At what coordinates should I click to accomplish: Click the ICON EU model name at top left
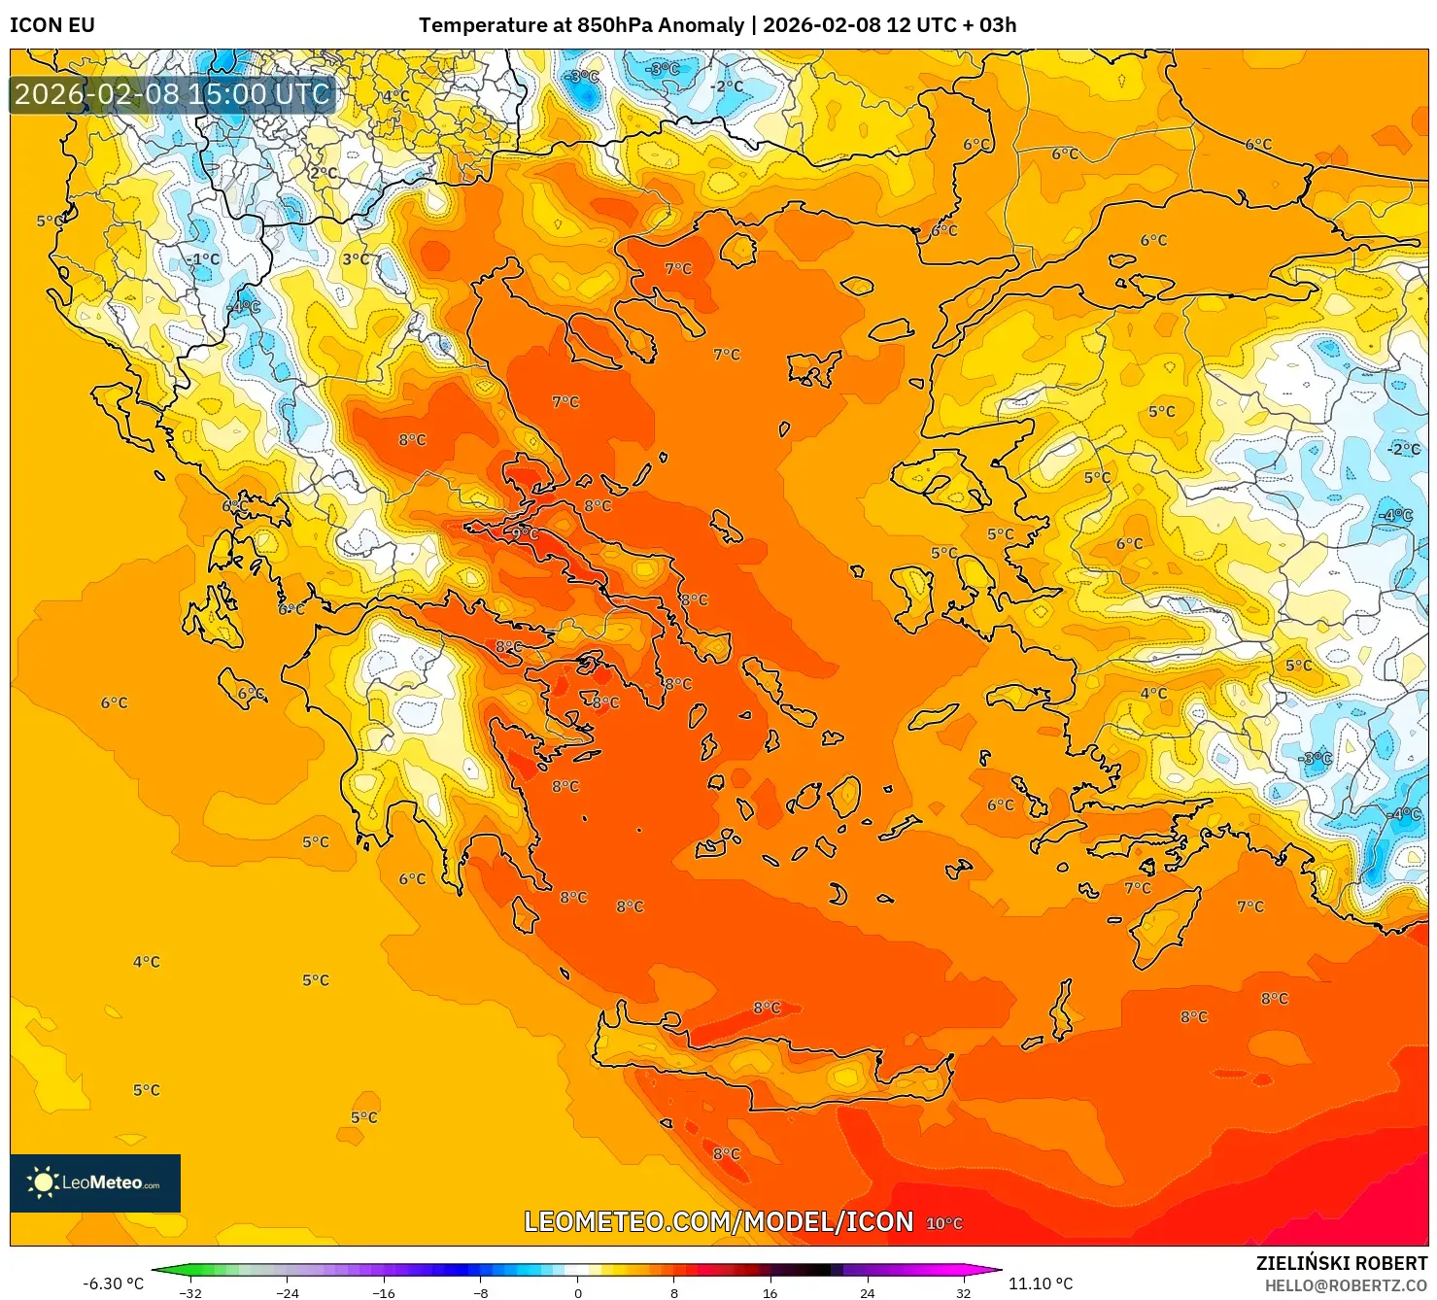[x=52, y=25]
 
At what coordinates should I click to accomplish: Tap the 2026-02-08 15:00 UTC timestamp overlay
[x=173, y=94]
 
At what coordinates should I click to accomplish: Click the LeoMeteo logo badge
[x=95, y=1182]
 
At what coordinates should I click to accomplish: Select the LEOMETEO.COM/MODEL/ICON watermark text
[x=718, y=1222]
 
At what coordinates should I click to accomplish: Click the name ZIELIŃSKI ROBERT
[x=1341, y=1263]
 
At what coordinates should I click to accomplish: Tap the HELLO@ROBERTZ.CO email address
[x=1346, y=1285]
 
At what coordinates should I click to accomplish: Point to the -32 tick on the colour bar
[x=190, y=1292]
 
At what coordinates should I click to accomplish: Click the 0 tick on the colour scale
[x=578, y=1292]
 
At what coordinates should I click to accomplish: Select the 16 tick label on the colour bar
[x=770, y=1292]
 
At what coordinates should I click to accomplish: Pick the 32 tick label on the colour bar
[x=963, y=1292]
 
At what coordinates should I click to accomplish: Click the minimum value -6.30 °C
[x=113, y=1283]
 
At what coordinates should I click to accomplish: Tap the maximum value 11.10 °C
[x=1041, y=1283]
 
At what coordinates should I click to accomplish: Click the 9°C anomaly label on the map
[x=524, y=533]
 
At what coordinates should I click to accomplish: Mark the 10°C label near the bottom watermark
[x=944, y=1223]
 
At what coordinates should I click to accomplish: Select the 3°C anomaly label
[x=356, y=259]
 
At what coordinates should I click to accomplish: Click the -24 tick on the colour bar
[x=287, y=1292]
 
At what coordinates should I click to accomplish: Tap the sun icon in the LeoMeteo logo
[x=43, y=1182]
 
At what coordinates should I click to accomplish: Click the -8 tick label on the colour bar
[x=481, y=1292]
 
